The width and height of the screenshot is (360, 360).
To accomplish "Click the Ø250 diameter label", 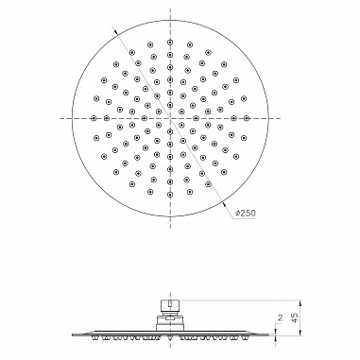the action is click(x=246, y=213).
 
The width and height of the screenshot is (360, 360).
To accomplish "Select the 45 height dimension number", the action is click(x=295, y=317).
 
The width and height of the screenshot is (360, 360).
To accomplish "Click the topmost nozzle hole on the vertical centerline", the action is click(x=170, y=42).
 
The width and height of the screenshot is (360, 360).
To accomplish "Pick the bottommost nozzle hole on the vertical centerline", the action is click(x=170, y=194).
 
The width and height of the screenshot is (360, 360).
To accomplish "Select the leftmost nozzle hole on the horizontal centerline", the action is click(x=94, y=118).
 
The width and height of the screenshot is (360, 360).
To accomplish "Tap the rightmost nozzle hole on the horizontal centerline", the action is click(x=247, y=118).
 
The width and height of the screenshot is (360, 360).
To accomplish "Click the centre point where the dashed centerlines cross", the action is click(x=170, y=118).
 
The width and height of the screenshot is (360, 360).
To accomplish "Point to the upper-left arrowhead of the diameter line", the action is click(x=116, y=31).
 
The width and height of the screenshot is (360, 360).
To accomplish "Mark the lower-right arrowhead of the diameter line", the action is click(x=224, y=203).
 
